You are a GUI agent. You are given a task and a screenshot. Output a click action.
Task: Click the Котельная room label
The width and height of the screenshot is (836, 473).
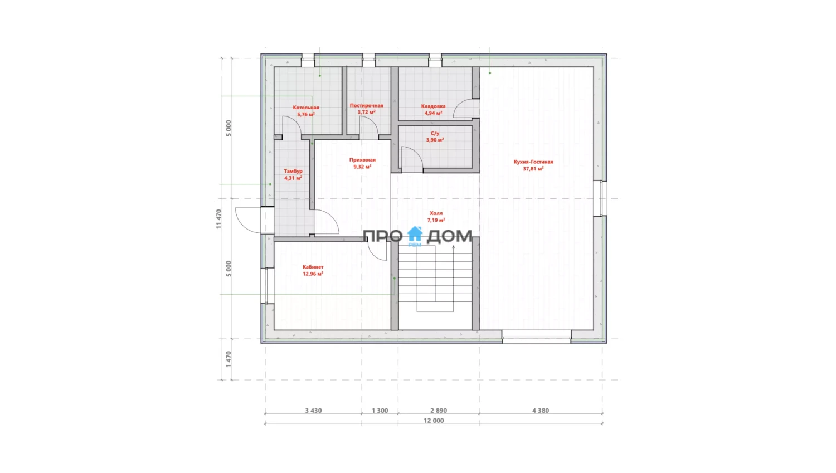(x=306, y=108)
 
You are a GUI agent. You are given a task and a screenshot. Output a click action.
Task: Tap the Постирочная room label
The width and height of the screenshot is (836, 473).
(x=367, y=105)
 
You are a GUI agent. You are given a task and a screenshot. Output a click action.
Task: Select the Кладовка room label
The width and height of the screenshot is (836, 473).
(x=433, y=106)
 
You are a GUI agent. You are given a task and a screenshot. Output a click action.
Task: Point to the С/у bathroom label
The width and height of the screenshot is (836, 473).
(x=435, y=133)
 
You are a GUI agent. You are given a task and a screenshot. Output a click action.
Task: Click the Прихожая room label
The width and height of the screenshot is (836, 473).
(x=362, y=160)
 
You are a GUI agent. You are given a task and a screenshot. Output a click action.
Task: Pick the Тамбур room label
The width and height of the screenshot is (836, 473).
(x=293, y=171)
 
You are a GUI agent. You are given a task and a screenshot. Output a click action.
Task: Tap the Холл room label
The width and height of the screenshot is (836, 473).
(x=436, y=213)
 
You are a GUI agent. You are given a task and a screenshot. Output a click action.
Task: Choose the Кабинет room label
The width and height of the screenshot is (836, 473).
(x=313, y=267)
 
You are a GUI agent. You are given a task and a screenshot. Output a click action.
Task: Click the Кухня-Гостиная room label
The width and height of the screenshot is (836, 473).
(x=533, y=162)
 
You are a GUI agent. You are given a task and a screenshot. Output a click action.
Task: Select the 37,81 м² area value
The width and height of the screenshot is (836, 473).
(x=533, y=169)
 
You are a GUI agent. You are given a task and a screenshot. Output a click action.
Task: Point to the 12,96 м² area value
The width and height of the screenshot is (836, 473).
(x=313, y=274)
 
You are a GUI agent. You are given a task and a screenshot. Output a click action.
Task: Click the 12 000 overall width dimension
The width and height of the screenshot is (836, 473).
(x=434, y=421)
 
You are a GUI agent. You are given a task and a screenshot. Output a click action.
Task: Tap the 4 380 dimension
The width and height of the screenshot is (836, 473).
(x=541, y=411)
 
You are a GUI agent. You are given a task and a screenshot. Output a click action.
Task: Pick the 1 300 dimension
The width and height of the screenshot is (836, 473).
(x=380, y=411)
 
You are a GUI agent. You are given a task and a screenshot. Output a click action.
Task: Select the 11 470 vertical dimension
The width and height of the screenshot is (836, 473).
(x=218, y=219)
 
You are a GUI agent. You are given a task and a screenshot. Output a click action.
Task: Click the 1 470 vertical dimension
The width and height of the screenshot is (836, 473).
(x=229, y=359)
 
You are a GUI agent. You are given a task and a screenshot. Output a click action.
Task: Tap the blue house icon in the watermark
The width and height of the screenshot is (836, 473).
(x=415, y=234)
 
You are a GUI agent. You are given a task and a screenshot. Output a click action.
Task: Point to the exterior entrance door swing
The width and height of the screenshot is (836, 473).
(x=248, y=220)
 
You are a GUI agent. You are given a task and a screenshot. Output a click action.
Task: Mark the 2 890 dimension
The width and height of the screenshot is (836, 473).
(x=439, y=411)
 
